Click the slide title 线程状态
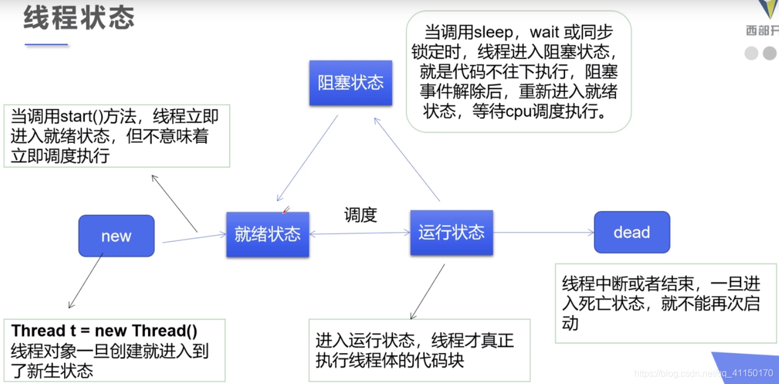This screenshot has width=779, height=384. coord(79,18)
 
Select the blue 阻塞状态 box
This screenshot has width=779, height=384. coord(351,83)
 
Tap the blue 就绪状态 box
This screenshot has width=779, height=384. coord(268,234)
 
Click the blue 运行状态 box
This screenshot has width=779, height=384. coord(451,232)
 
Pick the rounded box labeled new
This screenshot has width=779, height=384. coord(116,236)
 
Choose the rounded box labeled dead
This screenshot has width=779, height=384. coord(631,232)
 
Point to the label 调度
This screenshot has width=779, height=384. coord(360,215)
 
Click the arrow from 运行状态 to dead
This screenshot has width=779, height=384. coord(543,232)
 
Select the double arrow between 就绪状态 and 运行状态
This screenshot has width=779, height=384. coord(360,233)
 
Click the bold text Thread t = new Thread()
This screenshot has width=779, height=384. coord(105,331)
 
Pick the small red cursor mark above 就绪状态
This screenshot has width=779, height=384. coord(287,210)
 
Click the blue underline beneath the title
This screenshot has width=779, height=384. coord(46,45)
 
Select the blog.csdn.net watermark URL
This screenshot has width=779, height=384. coord(704,373)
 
